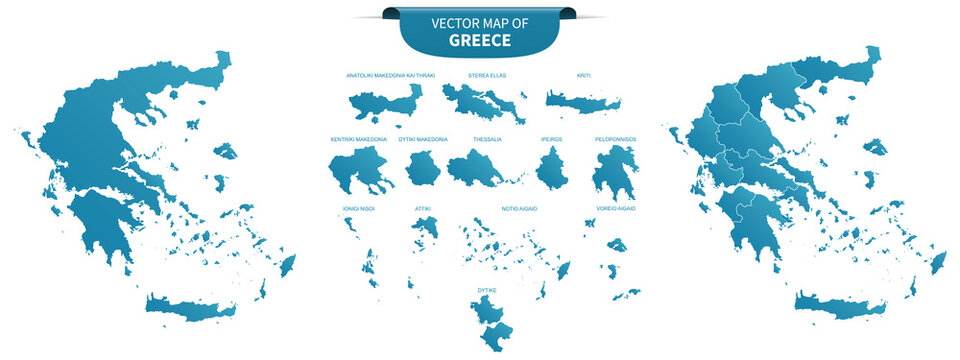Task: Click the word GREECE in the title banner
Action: (480, 41)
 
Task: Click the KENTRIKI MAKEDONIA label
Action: (358, 139)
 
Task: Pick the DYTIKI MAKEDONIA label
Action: (423, 139)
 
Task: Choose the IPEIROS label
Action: (552, 139)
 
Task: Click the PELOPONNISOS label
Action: (615, 139)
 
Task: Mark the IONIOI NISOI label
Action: (354, 208)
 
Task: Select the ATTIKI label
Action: (423, 208)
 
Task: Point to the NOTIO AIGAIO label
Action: (520, 208)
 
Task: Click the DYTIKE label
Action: (487, 290)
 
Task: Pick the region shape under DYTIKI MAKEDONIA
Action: (423, 168)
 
